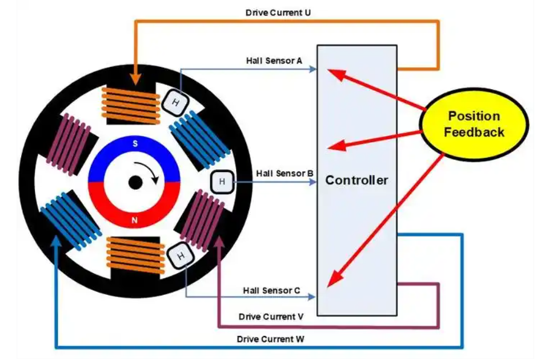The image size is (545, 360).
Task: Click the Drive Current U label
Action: (x=278, y=12)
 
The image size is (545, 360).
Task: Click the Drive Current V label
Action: (x=271, y=316)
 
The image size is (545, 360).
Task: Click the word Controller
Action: (x=356, y=181)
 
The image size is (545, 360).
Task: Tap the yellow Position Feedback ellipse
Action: (x=474, y=124)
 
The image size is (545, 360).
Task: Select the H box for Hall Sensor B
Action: (x=222, y=182)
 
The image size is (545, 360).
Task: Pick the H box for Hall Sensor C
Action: (x=180, y=255)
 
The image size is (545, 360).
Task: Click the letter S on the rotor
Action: (x=135, y=144)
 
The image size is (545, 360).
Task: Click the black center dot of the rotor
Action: (x=135, y=182)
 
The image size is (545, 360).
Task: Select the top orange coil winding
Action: (x=130, y=106)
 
